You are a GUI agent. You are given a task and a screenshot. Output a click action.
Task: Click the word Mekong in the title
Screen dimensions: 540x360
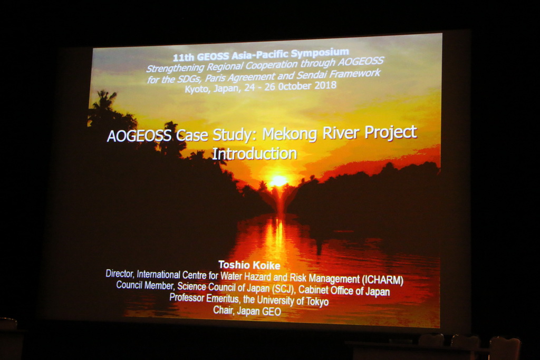tap(290, 134)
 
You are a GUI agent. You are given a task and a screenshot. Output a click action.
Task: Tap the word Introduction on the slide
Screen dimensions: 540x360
tap(254, 153)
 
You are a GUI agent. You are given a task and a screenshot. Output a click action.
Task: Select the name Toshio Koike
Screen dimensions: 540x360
tap(249, 265)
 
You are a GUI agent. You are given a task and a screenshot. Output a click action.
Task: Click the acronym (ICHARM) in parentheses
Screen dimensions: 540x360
tap(382, 279)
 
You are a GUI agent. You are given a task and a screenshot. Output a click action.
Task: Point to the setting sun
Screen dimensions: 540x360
tap(278, 181)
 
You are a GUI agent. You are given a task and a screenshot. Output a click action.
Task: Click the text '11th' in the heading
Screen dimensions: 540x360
tap(183, 57)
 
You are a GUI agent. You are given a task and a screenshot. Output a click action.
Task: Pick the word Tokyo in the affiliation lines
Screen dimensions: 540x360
tap(317, 301)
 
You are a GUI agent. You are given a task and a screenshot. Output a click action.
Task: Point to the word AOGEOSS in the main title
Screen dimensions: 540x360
tap(139, 136)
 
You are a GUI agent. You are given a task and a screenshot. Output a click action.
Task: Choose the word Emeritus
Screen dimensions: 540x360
tap(222, 298)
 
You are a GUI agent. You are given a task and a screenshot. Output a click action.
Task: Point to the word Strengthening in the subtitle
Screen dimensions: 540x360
tap(173, 67)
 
